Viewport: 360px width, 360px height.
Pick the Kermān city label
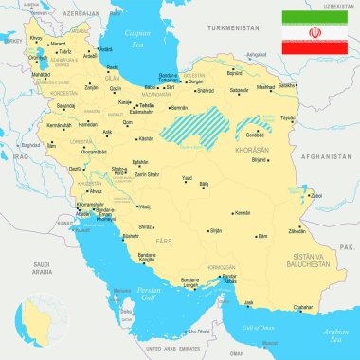[x=216, y=213]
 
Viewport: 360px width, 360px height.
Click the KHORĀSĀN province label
[x=223, y=151]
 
